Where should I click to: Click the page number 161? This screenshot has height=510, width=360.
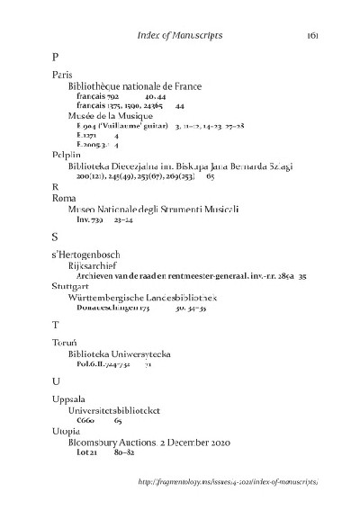click(313, 35)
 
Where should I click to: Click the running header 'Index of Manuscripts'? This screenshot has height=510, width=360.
click(180, 35)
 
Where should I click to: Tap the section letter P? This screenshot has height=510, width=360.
click(56, 57)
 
